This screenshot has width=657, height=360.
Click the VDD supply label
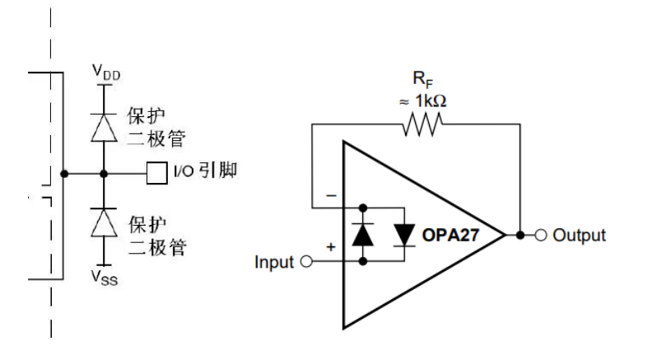pyautogui.click(x=105, y=72)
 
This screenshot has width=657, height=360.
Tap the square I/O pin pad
pyautogui.click(x=156, y=174)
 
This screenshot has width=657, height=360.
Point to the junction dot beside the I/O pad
pyautogui.click(x=104, y=174)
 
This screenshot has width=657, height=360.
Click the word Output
pyautogui.click(x=580, y=236)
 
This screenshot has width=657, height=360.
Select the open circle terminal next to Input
pyautogui.click(x=307, y=263)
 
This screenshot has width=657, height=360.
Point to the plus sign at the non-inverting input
pyautogui.click(x=332, y=246)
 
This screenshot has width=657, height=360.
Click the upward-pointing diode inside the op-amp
pyautogui.click(x=363, y=235)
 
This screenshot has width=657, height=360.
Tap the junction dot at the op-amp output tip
pyautogui.click(x=520, y=236)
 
